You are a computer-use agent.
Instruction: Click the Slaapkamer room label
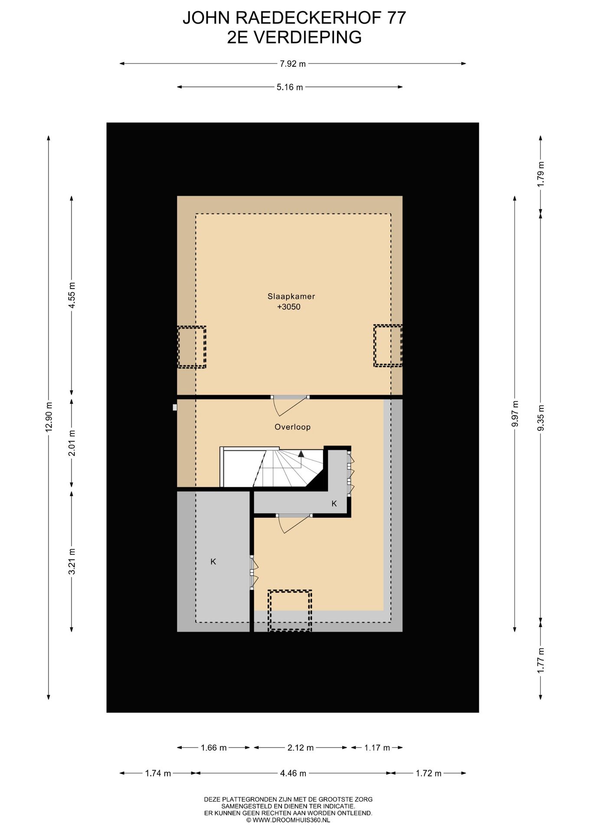pos(291,297)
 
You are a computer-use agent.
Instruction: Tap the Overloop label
pos(292,427)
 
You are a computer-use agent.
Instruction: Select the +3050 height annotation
pos(289,307)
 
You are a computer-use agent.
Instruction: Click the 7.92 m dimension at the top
pos(293,64)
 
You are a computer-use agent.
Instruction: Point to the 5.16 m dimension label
pos(290,87)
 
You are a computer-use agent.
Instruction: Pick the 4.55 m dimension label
pos(72,295)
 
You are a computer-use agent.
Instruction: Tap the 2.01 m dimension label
pos(72,443)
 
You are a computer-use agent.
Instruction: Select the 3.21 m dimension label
pos(72,561)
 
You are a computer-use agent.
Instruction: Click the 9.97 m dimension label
pos(515,414)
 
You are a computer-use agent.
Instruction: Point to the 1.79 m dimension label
pos(540,174)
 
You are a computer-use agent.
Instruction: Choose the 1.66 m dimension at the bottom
pos(213,748)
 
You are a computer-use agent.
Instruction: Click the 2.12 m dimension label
pos(301,748)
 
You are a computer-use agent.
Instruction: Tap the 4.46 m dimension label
pos(293,773)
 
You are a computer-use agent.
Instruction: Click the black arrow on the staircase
pos(301,454)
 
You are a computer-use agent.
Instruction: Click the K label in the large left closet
pos(213,561)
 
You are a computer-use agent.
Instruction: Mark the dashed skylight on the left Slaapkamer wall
pos(191,347)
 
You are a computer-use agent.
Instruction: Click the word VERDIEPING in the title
pos(308,37)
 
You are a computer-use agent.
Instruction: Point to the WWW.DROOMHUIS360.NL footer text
pos(288,820)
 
